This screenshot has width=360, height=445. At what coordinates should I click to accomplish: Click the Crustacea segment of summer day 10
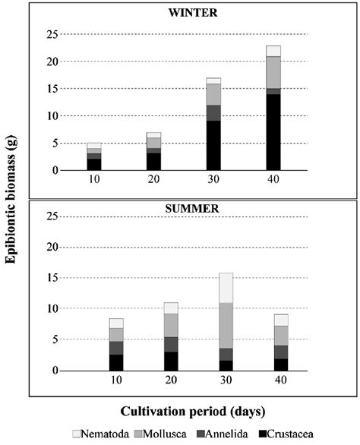116,362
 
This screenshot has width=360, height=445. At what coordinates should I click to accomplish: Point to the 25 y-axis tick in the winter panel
52,34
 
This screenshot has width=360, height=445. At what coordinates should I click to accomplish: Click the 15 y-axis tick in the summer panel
52,277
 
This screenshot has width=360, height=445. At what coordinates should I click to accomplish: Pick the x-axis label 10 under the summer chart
116,382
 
